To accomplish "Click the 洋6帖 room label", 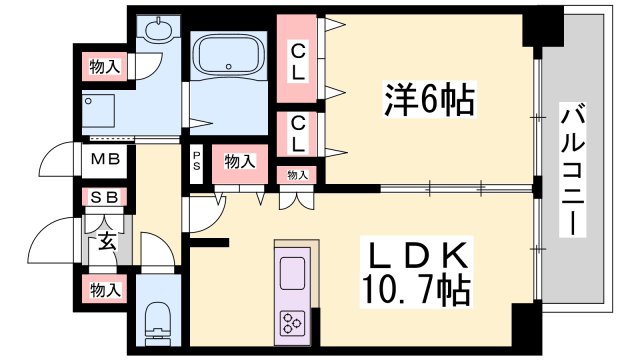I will tap(427, 99).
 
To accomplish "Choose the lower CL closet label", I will tap(298, 131).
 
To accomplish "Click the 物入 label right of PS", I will tap(239, 161).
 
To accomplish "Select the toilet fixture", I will tap(158, 320).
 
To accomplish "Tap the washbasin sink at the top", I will tap(157, 31).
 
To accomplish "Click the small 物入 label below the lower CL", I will tap(298, 174).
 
